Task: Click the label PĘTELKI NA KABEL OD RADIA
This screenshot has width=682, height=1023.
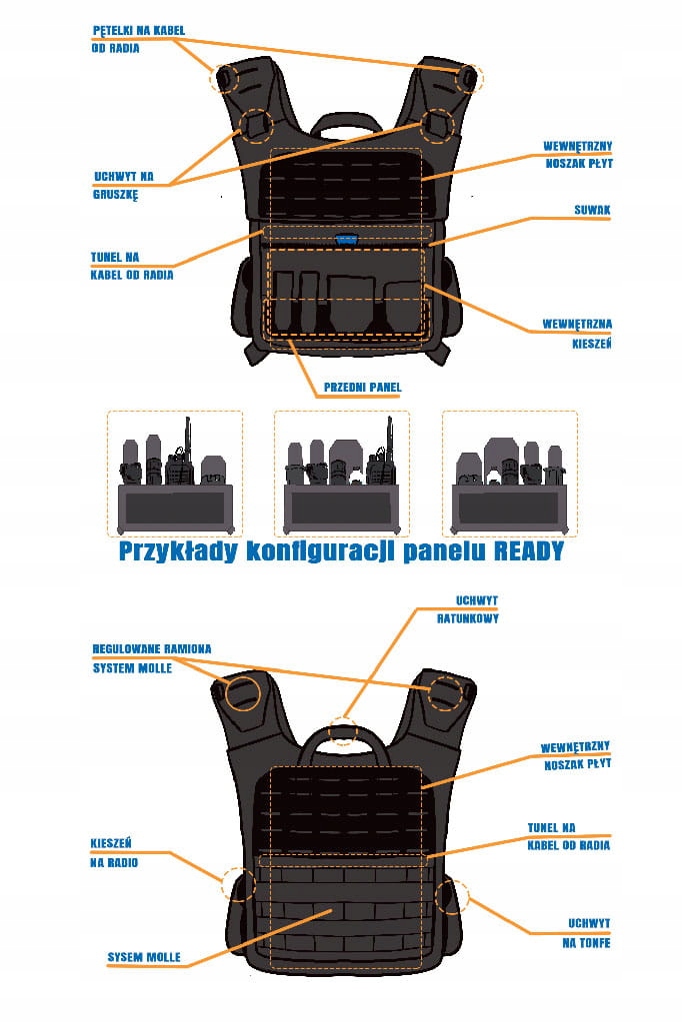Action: pyautogui.click(x=137, y=39)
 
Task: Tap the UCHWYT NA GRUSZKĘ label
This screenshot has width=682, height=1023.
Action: pyautogui.click(x=123, y=186)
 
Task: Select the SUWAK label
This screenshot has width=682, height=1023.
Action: pyautogui.click(x=592, y=211)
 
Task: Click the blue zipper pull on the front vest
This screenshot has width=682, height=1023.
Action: pyautogui.click(x=347, y=239)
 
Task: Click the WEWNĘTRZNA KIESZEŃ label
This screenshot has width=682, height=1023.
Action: pyautogui.click(x=577, y=334)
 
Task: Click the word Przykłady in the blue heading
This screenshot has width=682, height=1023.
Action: pyautogui.click(x=181, y=551)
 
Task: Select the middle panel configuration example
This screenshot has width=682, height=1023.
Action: pyautogui.click(x=341, y=475)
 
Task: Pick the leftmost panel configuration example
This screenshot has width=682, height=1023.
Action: pyautogui.click(x=174, y=475)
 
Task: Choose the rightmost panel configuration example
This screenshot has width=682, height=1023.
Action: pyautogui.click(x=509, y=475)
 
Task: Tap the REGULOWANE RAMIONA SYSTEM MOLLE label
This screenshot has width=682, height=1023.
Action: pyautogui.click(x=151, y=658)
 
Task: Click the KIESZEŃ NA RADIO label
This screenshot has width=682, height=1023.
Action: pyautogui.click(x=114, y=852)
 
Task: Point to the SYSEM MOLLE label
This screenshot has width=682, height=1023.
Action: pyautogui.click(x=144, y=957)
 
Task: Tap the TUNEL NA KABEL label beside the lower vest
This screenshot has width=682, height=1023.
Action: pyautogui.click(x=568, y=836)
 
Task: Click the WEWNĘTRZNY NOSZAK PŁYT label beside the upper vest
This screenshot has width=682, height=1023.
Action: pyautogui.click(x=577, y=153)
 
